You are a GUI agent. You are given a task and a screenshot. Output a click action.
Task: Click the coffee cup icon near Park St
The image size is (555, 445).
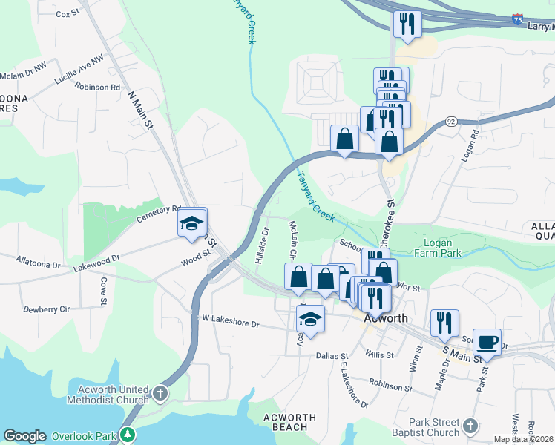click(x=487, y=342)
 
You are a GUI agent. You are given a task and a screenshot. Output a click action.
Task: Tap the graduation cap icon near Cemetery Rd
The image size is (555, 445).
click(x=191, y=222)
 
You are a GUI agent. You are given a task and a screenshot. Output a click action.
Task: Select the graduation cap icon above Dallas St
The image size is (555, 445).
click(x=311, y=319)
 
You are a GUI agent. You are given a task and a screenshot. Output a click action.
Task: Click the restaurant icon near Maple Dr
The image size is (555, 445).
click(x=444, y=323)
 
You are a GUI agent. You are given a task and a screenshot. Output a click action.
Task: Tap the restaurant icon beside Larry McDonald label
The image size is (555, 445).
click(x=407, y=24)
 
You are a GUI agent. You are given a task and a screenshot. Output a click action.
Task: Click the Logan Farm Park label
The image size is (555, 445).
click(x=442, y=248)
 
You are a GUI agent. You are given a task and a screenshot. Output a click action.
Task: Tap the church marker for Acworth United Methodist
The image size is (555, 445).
click(x=160, y=394)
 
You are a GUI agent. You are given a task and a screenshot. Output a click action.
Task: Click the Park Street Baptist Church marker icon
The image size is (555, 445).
click(x=470, y=425)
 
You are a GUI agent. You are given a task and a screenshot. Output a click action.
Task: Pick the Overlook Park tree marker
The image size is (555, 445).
click(x=129, y=435)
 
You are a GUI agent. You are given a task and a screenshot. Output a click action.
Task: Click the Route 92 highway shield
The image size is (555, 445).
click(x=450, y=120)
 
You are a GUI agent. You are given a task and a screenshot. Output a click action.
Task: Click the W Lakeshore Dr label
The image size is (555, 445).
click(x=231, y=324)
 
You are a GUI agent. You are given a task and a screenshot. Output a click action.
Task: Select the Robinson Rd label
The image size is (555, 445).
click(x=97, y=87)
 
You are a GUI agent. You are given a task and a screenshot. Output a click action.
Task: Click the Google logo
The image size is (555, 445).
click(x=25, y=436)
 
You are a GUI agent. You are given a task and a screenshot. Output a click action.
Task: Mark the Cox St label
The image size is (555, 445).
click(x=67, y=13)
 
